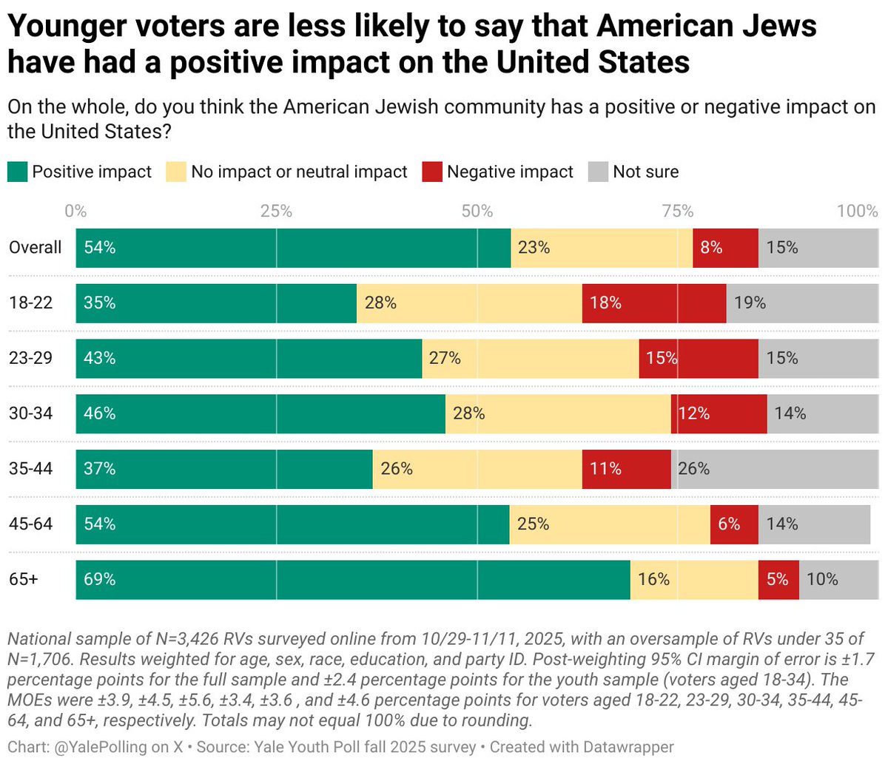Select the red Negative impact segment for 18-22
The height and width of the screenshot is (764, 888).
pos(654,303)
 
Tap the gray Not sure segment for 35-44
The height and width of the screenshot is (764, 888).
pos(774,469)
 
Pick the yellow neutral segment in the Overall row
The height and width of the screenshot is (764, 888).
pos(602,248)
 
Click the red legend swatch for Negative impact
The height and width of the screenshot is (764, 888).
pos(431,172)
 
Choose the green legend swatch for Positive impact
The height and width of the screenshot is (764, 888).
pos(17,172)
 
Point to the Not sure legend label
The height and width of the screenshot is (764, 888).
pos(645,172)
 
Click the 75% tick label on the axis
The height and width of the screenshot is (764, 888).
pos(677,212)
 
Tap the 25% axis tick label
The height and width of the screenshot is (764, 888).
pos(276,212)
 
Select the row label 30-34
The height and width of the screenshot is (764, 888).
pos(31,413)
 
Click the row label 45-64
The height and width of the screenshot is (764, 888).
pos(31,524)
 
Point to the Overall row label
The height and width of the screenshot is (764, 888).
pos(36,248)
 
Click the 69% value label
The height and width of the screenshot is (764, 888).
pos(100,580)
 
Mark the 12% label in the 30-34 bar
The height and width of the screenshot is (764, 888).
pos(694,413)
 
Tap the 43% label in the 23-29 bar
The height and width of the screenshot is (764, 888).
pos(100,359)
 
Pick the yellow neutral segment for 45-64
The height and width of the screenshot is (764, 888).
pos(610,524)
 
